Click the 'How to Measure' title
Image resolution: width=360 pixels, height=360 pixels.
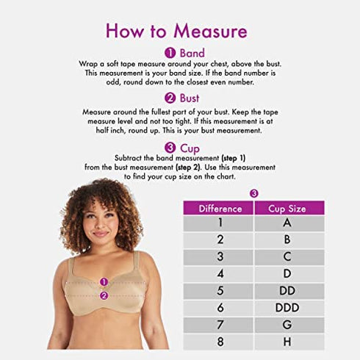(x=176, y=30)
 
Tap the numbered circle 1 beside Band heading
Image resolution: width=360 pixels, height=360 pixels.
(x=170, y=53)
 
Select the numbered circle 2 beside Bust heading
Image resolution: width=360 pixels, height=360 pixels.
(x=170, y=98)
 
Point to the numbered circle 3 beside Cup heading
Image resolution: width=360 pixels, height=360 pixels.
(x=170, y=147)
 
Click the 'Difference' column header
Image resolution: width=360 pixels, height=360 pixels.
(x=220, y=209)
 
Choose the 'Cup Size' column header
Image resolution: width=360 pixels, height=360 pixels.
(x=287, y=209)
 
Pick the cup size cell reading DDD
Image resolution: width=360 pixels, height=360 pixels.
(x=287, y=308)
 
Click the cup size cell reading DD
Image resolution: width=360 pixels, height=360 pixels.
(x=287, y=291)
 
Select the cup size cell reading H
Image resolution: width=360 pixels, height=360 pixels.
(x=287, y=342)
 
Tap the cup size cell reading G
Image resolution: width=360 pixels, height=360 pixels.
(x=287, y=325)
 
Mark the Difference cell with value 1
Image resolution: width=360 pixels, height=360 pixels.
(x=220, y=223)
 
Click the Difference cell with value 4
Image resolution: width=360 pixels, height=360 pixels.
(x=220, y=274)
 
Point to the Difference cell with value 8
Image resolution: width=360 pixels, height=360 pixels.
(x=220, y=342)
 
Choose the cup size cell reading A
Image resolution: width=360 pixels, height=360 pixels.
(x=287, y=223)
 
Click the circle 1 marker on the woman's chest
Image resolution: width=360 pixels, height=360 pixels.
(x=104, y=281)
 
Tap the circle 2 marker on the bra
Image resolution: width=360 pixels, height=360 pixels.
(x=104, y=296)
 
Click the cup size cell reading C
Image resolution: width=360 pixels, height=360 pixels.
(x=287, y=257)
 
